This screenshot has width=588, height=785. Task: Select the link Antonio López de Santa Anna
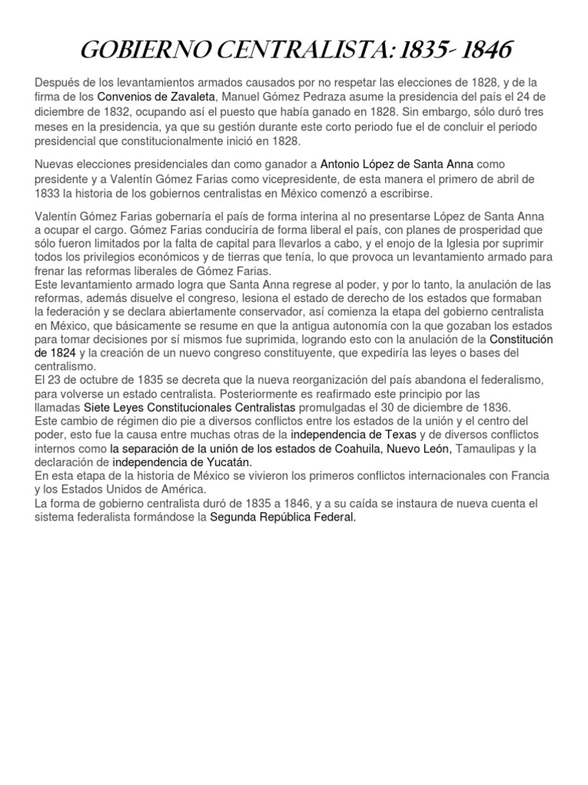coord(397,164)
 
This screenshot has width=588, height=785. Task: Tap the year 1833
coord(47,193)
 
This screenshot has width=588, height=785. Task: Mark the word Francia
coord(529,476)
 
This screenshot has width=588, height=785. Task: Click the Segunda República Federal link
coord(283,517)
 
